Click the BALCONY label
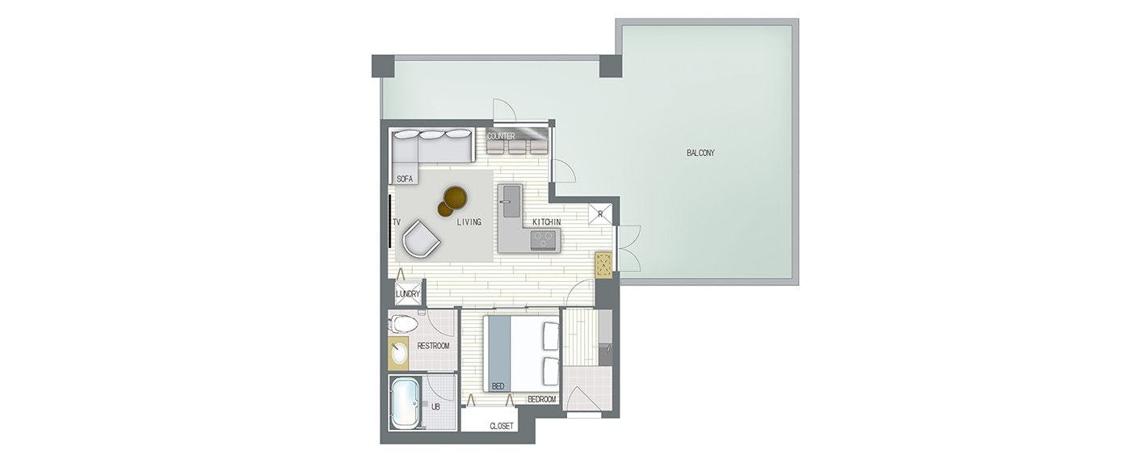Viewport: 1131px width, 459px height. pos(700,153)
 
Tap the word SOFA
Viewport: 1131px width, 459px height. pos(405,179)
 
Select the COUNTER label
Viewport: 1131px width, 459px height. pos(501,137)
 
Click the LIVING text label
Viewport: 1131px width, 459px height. pos(469,222)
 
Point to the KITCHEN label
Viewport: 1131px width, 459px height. pos(546,222)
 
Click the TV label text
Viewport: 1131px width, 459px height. pos(397,221)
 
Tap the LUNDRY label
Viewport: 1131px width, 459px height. pos(408,294)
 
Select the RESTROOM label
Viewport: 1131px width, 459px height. pos(433,346)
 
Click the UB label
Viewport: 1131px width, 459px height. pos(435,406)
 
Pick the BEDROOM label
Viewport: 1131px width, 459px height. pos(542,399)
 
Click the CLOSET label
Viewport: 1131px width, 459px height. pos(502,426)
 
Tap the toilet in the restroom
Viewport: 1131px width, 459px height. pos(402,325)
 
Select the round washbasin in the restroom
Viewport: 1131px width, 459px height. pos(399,352)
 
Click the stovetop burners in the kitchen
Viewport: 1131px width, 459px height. pos(544,239)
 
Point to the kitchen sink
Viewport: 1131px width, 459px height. pos(510,201)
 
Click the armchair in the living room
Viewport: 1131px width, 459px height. pos(421,238)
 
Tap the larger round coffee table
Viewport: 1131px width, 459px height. pos(456,196)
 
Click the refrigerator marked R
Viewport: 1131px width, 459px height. pos(599,214)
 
